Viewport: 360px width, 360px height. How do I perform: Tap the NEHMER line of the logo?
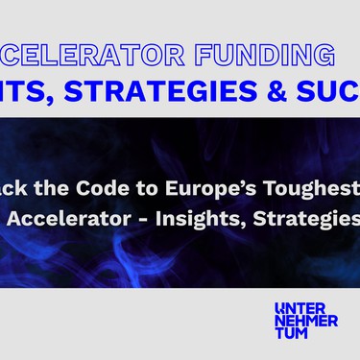click(305, 321)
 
